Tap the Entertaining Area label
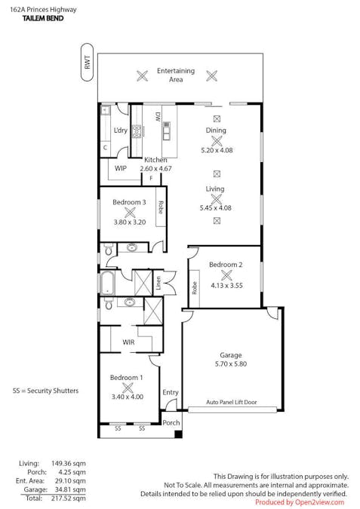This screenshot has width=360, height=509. [176, 75]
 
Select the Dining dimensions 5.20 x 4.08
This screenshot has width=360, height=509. [216, 150]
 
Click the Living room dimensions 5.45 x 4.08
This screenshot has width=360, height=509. [216, 207]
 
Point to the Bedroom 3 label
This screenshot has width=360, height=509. [129, 202]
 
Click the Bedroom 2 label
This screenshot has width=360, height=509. [226, 265]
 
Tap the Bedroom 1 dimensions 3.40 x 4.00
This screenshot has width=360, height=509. [128, 396]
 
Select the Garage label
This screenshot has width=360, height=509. [231, 354]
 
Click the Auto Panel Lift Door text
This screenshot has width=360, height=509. [232, 403]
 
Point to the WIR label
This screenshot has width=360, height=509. [128, 342]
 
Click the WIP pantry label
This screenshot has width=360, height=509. [121, 168]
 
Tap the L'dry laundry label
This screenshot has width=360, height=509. [120, 130]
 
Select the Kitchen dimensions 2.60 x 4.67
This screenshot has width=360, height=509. [156, 169]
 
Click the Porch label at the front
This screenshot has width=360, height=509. [171, 422]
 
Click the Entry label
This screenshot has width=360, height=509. [171, 392]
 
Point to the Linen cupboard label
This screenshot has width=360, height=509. [158, 283]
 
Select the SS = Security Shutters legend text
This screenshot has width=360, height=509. [45, 391]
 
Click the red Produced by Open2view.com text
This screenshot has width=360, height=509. [299, 502]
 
